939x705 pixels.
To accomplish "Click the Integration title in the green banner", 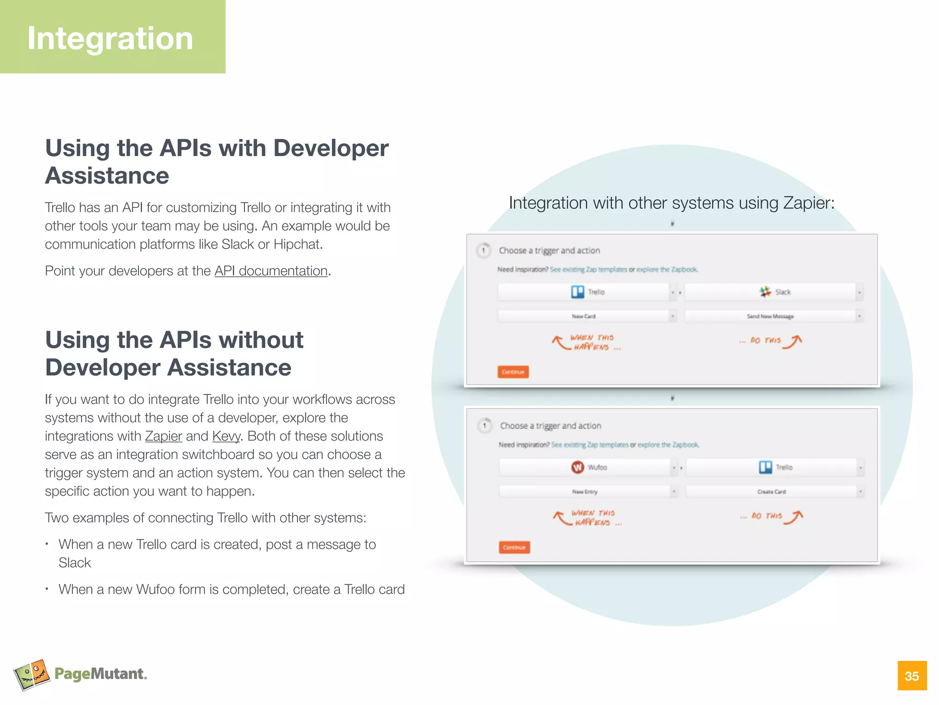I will pos(110,39).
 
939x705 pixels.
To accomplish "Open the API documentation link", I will pos(271,271).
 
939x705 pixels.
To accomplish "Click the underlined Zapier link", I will pos(164,436).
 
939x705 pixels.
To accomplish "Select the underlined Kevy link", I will pos(226,436).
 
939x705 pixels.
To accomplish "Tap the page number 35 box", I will pos(912,676).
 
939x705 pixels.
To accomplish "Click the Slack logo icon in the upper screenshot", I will pos(765,292).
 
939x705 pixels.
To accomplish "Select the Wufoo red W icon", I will pos(578,467).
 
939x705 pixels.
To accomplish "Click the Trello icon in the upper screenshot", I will pos(578,292).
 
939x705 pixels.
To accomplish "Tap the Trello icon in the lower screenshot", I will pos(765,467).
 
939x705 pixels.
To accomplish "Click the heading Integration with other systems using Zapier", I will pos(672,203).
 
